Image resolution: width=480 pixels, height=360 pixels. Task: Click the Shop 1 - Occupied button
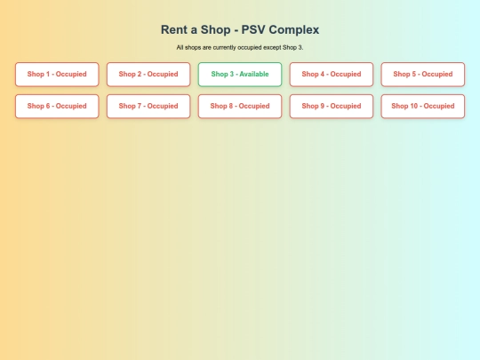[x=57, y=75]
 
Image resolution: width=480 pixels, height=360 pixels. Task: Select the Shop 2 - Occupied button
[x=148, y=75]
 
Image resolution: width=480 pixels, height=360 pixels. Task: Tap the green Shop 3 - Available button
[x=240, y=75]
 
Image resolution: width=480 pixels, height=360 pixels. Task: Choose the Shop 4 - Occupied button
[x=332, y=75]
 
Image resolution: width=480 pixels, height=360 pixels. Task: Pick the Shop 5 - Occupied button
[x=423, y=75]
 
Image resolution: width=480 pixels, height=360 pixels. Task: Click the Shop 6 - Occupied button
[x=57, y=107]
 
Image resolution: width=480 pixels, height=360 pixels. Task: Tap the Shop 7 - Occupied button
[x=148, y=107]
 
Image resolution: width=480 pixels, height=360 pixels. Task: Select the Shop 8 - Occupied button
[x=240, y=107]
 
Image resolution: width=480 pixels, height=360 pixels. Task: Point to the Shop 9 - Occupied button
[x=332, y=107]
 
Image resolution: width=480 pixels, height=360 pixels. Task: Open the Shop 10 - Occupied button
[x=423, y=107]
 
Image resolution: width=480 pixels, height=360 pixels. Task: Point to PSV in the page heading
[x=253, y=29]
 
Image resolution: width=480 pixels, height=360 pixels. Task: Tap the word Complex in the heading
[x=294, y=30]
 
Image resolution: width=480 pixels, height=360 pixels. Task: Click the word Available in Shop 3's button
[x=254, y=74]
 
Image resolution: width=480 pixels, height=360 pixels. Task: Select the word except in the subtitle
[x=272, y=48]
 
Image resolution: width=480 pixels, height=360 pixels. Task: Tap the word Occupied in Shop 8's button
[x=254, y=107]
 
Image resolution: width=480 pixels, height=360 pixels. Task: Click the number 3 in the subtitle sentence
[x=300, y=47]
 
